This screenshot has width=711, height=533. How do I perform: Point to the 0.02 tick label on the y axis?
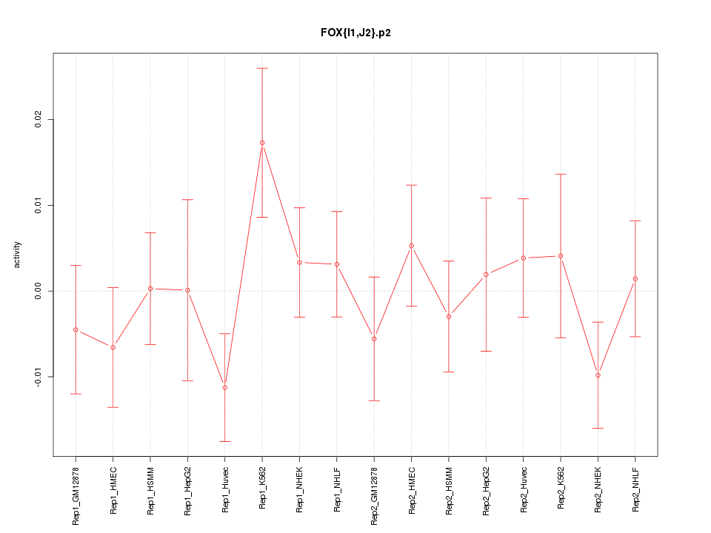[38, 119]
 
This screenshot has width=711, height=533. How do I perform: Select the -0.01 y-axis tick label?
[38, 377]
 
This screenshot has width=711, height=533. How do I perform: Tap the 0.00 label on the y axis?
[38, 291]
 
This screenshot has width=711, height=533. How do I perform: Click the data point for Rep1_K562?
[262, 143]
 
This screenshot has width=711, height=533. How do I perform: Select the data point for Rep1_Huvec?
[225, 387]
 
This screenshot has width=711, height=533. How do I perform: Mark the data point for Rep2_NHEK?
[598, 375]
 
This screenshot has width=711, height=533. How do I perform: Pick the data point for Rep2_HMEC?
[412, 246]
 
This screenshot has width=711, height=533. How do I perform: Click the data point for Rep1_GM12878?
[76, 329]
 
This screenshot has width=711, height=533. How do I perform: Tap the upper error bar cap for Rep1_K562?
[262, 68]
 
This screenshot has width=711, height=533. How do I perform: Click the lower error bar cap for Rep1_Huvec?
[225, 441]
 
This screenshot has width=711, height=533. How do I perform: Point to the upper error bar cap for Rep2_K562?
[561, 174]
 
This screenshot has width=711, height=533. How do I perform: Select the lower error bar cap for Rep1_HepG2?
[187, 381]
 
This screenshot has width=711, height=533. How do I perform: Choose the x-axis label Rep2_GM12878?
[374, 494]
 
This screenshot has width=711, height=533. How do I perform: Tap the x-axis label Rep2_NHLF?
[635, 489]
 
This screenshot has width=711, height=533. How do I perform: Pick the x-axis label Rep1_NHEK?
[300, 489]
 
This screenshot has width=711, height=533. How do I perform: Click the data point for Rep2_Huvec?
[524, 258]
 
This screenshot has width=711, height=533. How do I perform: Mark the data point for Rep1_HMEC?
[113, 347]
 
